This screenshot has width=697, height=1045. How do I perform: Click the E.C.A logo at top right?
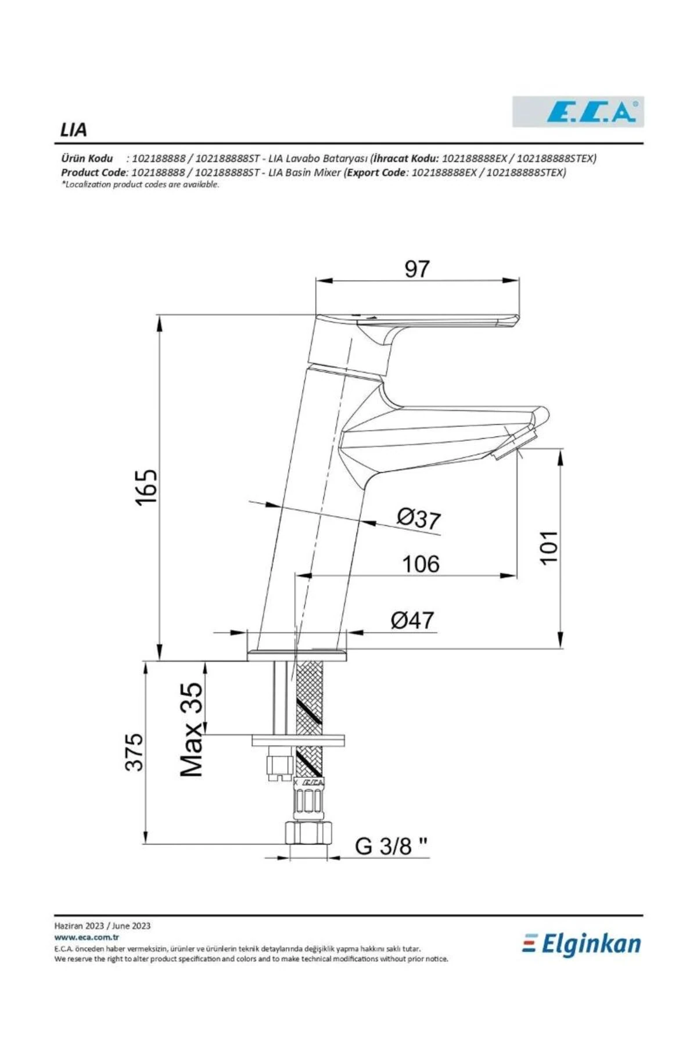pos(578,112)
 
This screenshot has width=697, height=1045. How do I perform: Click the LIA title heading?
pos(73,130)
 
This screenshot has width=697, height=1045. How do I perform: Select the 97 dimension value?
pos(416,269)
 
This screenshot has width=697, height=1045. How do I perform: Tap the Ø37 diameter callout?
pos(419,518)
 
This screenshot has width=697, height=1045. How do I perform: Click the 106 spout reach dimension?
pos(421,564)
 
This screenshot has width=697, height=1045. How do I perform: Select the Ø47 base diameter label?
pos(412,620)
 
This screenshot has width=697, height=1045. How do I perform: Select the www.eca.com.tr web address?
pos(87,937)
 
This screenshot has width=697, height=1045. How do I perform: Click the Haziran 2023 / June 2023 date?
pos(102,926)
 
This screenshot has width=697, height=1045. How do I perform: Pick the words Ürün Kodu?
pos(87,158)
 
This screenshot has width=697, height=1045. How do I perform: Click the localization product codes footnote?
pos(140,185)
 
